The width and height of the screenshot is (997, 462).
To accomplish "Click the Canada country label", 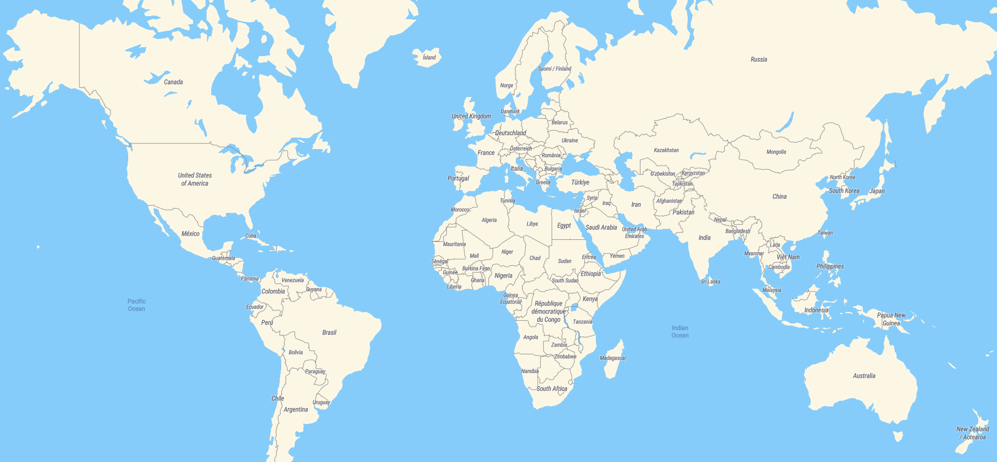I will pyautogui.click(x=173, y=82).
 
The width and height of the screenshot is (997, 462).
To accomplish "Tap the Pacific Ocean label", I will pyautogui.click(x=136, y=305).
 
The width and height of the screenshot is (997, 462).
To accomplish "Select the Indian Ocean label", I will pyautogui.click(x=680, y=332).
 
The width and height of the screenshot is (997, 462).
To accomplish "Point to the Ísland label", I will pyautogui.click(x=429, y=58).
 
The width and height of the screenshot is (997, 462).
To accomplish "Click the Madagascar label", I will pyautogui.click(x=613, y=358).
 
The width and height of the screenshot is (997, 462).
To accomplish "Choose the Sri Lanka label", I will pyautogui.click(x=711, y=282).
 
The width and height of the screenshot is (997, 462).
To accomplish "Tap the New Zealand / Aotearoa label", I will pyautogui.click(x=973, y=433).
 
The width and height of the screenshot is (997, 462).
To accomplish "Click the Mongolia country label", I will pyautogui.click(x=776, y=152).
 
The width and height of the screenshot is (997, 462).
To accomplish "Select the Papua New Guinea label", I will pyautogui.click(x=891, y=319).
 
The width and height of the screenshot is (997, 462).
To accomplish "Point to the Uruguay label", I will pyautogui.click(x=321, y=402).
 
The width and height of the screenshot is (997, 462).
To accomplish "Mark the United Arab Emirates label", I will pyautogui.click(x=634, y=233).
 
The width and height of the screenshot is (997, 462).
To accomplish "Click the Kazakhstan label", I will pyautogui.click(x=666, y=151).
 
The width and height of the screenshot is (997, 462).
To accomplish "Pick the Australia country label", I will pyautogui.click(x=864, y=376).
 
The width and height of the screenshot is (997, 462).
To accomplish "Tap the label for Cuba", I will pyautogui.click(x=251, y=236).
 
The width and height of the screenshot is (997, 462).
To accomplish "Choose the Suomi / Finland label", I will pyautogui.click(x=554, y=69).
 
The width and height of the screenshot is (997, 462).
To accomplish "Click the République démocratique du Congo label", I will pyautogui.click(x=549, y=311).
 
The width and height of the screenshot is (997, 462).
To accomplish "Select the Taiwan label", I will pyautogui.click(x=825, y=233).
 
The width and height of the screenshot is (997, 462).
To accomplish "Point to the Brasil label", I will pyautogui.click(x=329, y=333).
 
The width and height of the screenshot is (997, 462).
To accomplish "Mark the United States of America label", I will pyautogui.click(x=195, y=179).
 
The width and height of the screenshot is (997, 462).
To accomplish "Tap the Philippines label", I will pyautogui.click(x=830, y=266).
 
